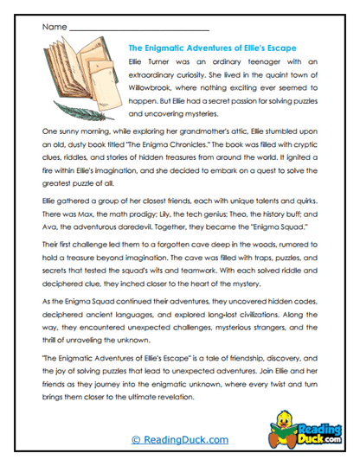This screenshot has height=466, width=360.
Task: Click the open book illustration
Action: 77,78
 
